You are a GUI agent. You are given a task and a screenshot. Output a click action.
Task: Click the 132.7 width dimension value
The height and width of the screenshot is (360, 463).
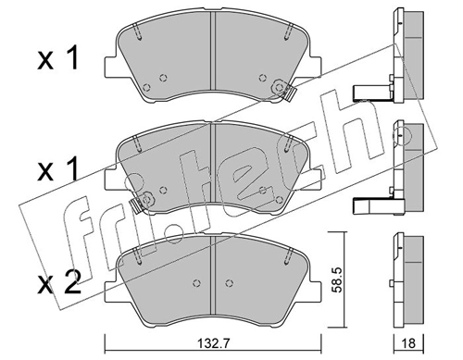point(213,342)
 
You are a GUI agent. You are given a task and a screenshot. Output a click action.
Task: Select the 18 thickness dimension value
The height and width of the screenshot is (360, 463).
point(409,343)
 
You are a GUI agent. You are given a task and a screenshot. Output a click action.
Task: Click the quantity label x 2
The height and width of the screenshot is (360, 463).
point(58,282)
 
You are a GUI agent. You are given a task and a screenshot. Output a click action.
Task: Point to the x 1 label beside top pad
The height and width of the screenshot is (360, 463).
point(57,58)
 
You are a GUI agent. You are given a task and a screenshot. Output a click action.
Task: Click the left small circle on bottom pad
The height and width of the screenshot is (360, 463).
point(196,283)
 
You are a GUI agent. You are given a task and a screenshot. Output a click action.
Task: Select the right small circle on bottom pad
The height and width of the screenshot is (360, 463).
point(229,283)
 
